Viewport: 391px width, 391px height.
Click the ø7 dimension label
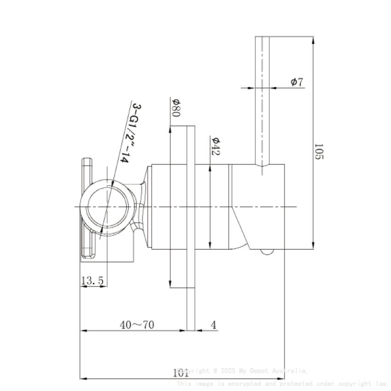pyautogui.click(x=297, y=82)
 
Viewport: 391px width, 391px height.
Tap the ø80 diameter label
pyautogui.click(x=175, y=107)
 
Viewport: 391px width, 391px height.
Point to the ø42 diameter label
pyautogui.click(x=215, y=145)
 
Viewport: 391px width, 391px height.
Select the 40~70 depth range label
pyautogui.click(x=137, y=325)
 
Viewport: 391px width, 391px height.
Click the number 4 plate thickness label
pyautogui.click(x=213, y=325)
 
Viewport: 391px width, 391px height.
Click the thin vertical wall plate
pyautogui.click(x=191, y=207)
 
